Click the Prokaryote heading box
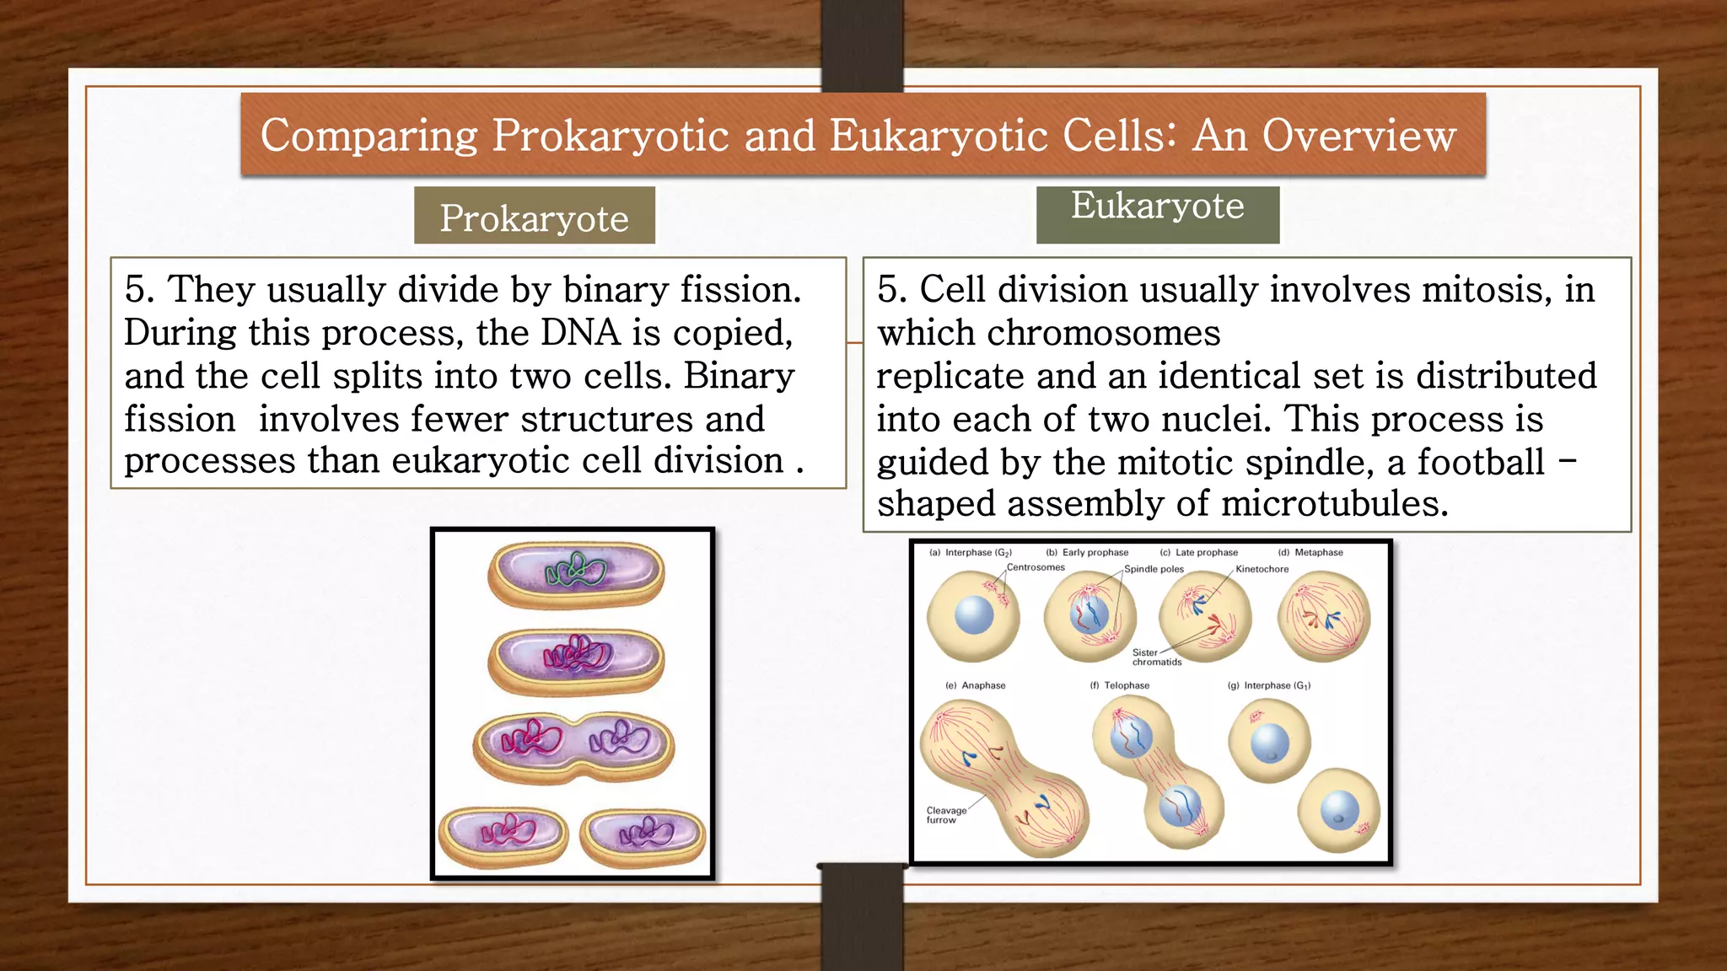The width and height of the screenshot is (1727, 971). (x=534, y=217)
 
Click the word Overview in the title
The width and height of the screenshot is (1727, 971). (x=1358, y=136)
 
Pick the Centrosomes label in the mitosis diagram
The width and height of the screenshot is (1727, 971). (x=1036, y=567)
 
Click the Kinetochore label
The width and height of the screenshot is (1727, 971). (x=1262, y=569)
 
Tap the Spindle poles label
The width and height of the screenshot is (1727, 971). (x=1154, y=569)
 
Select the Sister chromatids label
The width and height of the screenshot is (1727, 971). (x=1156, y=657)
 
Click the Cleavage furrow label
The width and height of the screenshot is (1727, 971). (x=945, y=815)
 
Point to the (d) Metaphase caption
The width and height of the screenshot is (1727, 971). (x=1310, y=552)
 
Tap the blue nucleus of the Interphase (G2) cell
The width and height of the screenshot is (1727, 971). (x=974, y=614)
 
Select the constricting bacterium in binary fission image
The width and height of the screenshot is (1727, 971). (x=573, y=746)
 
